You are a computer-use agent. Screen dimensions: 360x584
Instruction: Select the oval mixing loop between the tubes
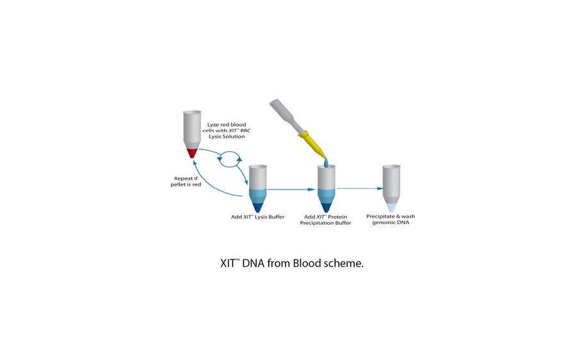pyautogui.click(x=230, y=158)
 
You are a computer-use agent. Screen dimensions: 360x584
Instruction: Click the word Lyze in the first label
pyautogui.click(x=214, y=124)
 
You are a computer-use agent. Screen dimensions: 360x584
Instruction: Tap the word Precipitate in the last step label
pyautogui.click(x=380, y=217)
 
